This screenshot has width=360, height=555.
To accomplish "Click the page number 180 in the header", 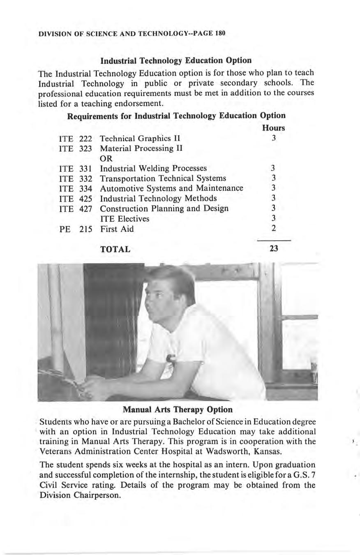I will (219, 33).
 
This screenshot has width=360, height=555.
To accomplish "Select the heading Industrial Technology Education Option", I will (176, 61).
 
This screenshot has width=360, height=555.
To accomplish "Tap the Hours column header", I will (273, 128).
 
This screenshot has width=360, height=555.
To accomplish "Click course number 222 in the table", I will (85, 138).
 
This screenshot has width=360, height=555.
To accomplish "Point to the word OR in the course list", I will (106, 158).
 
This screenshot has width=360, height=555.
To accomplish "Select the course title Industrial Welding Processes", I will (153, 168).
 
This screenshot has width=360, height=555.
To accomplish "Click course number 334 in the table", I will (85, 188).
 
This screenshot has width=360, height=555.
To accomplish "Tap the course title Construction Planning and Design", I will (164, 208).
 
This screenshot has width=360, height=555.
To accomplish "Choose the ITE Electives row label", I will (125, 219).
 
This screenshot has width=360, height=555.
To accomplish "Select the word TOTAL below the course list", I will (115, 249).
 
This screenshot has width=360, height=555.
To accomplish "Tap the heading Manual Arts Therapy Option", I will (178, 410).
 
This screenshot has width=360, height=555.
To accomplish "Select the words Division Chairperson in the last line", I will (80, 495).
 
